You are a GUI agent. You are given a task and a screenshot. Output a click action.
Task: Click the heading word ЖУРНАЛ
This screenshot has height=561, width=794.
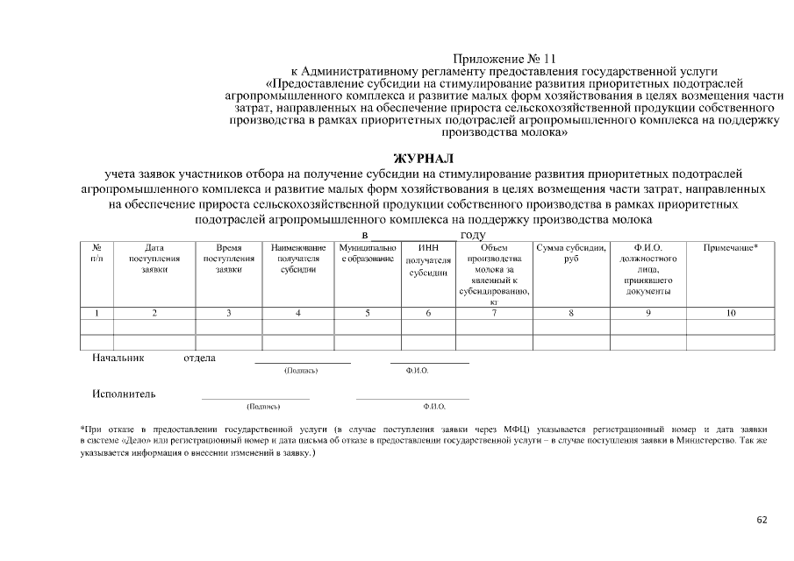pos(424,159)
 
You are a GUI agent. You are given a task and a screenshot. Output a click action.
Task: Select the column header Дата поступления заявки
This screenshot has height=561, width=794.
pos(154,259)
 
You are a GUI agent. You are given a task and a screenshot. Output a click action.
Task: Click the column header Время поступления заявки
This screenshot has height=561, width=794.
pos(229,259)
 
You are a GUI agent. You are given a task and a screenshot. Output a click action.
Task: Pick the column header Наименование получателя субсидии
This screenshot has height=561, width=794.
pos(298,259)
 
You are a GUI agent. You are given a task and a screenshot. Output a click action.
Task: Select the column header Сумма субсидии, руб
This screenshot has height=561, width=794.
pos(571,253)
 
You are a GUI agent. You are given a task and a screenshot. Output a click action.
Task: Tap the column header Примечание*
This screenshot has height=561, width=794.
pos(731,248)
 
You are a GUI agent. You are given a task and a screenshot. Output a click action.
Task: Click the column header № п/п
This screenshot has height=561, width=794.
pos(97,253)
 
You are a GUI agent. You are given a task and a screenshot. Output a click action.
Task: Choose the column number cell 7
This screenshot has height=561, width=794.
pos(494,312)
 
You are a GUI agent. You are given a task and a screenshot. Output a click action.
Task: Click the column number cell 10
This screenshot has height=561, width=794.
pos(731,312)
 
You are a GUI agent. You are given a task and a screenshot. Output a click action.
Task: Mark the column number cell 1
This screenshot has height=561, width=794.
pos(97,312)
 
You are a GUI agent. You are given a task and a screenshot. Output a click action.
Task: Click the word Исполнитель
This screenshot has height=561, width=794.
pos(124,394)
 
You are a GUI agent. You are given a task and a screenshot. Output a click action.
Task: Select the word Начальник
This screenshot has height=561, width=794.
pos(118,358)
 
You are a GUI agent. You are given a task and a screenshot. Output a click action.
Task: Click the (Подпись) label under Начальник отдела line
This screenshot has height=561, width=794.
pos(301,371)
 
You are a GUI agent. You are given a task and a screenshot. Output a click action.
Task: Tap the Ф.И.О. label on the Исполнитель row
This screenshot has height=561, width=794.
pos(433,407)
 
